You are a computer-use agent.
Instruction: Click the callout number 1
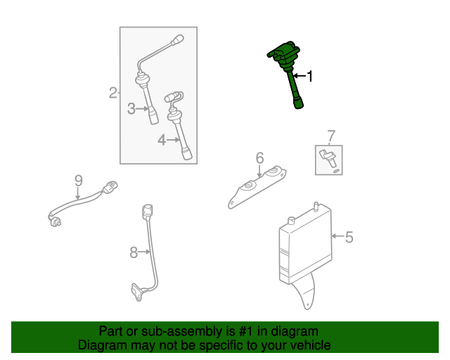309,77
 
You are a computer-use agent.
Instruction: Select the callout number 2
112,93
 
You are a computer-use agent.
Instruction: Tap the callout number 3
131,109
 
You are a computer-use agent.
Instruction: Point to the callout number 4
162,140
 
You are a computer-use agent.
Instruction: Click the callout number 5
349,237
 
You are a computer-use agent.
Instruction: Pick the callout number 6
259,158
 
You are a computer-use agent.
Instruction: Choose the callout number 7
331,136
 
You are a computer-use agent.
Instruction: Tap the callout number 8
134,252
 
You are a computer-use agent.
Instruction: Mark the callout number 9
78,181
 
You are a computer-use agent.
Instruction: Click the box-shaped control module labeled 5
305,244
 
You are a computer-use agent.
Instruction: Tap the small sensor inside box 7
328,157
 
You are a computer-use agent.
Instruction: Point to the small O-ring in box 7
336,171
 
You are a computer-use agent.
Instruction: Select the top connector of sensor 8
148,211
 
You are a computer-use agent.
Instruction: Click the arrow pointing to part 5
337,236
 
